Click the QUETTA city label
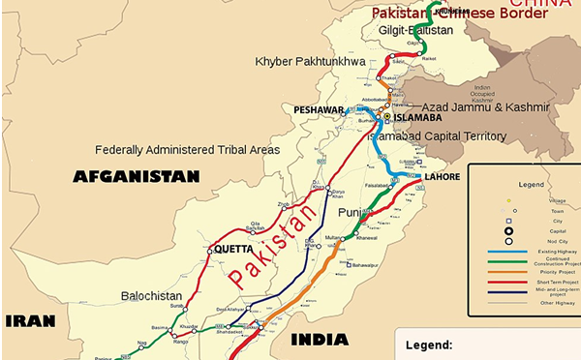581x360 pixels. coord(233,248)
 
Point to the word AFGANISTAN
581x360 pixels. coord(137,176)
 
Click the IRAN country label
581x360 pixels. coord(30,320)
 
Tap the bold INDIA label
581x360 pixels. coord(319,340)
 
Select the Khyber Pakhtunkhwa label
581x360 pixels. coord(316,62)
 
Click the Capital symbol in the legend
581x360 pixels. coord(508,230)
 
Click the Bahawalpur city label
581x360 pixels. coord(363,263)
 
